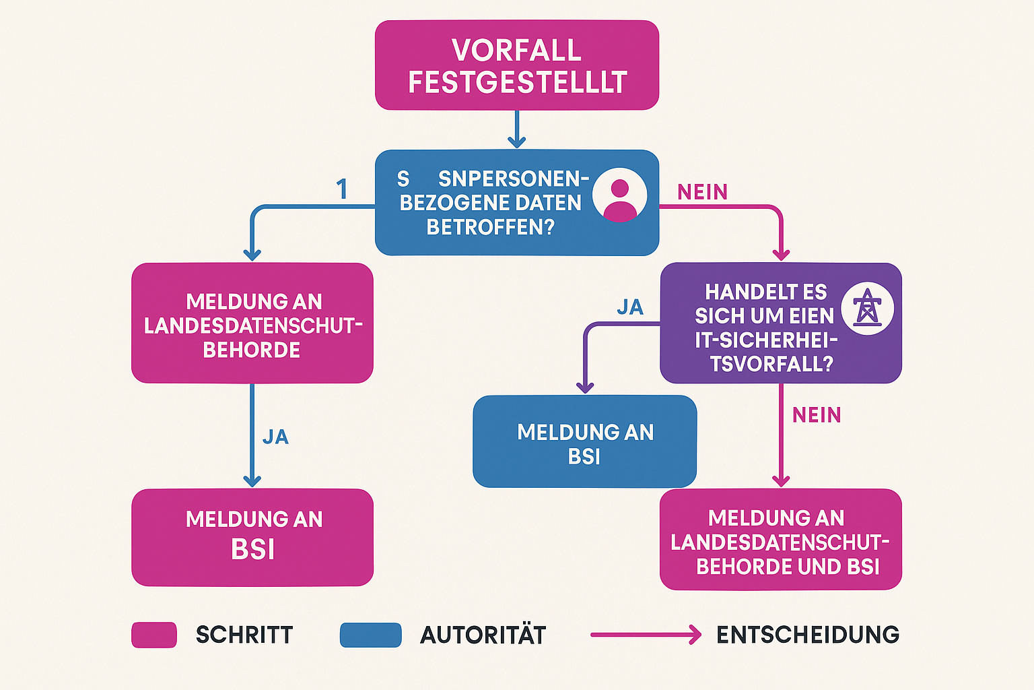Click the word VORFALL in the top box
(x=516, y=51)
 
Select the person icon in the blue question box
(x=619, y=196)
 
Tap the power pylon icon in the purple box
(x=867, y=309)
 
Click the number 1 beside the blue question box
(x=342, y=189)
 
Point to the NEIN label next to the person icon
(x=702, y=193)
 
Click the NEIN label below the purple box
(x=817, y=415)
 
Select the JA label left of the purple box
(x=630, y=307)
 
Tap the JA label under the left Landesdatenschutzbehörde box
(x=275, y=437)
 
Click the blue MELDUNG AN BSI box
(x=584, y=442)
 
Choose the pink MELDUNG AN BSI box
(x=252, y=536)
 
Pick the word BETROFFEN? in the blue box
(x=490, y=228)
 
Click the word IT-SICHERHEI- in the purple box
(x=766, y=340)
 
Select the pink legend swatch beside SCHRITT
(x=154, y=635)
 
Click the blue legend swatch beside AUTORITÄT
(x=370, y=635)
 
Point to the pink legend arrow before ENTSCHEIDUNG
(x=646, y=635)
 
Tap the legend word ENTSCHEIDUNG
(x=808, y=635)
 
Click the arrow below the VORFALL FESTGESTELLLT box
(x=516, y=129)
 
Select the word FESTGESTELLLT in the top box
(x=517, y=82)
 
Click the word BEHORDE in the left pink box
(x=252, y=350)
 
